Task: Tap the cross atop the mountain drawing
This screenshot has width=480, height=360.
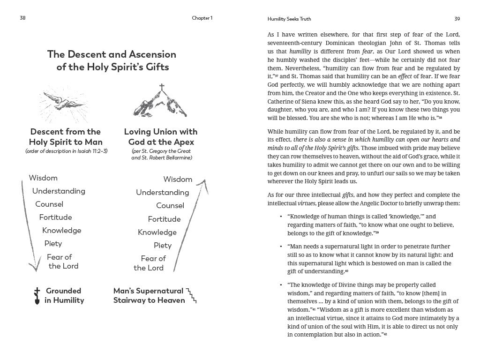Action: click(162, 88)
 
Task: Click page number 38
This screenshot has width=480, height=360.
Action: click(22, 18)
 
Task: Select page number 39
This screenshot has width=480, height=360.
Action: click(457, 19)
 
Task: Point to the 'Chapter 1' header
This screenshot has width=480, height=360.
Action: click(202, 18)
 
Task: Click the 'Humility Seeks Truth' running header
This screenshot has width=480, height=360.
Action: click(289, 19)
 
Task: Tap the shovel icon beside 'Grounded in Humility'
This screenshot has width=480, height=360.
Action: click(37, 296)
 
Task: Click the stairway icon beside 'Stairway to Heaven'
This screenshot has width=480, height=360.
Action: click(192, 296)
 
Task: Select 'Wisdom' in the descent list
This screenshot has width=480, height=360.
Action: click(43, 178)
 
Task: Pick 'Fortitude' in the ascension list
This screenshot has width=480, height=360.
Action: click(164, 219)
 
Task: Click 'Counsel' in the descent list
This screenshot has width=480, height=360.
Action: click(49, 204)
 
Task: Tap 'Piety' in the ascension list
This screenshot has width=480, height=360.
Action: click(163, 245)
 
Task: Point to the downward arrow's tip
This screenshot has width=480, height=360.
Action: click(34, 270)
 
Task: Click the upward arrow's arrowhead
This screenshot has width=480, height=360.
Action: click(204, 181)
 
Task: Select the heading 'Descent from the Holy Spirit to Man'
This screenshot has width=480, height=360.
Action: click(65, 137)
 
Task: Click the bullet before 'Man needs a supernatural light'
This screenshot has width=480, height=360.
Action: click(281, 247)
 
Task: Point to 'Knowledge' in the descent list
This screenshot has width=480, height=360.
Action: click(61, 230)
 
